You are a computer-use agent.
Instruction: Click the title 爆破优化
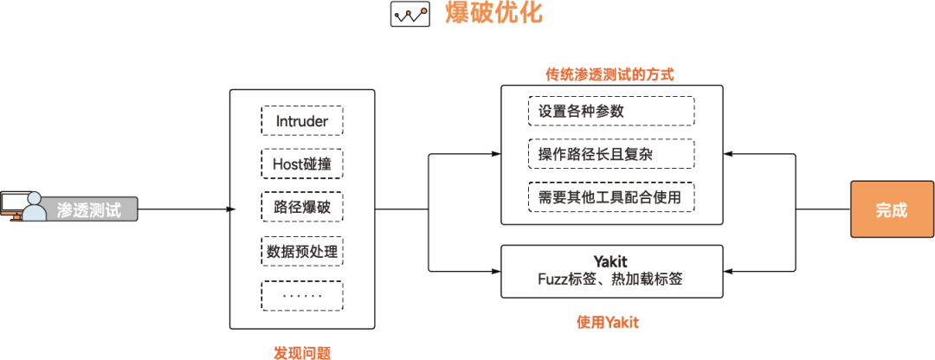(x=493, y=14)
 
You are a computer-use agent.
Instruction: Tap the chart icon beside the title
(x=409, y=15)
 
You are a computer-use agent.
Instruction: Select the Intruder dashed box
(x=302, y=121)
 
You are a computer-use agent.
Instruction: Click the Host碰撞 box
(x=302, y=164)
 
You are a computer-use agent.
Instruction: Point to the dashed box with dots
(x=302, y=296)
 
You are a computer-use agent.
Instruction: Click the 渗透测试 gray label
(x=89, y=209)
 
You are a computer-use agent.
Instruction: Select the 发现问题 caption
(x=302, y=352)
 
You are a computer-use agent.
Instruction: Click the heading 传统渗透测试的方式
(x=610, y=75)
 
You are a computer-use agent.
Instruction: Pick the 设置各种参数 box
(x=611, y=112)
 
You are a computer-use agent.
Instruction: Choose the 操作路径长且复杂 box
(x=611, y=154)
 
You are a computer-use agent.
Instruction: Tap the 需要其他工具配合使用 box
(x=611, y=196)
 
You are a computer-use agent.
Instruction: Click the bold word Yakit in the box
(x=611, y=261)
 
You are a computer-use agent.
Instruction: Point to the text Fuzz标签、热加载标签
(x=611, y=279)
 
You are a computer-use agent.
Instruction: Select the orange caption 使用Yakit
(x=608, y=323)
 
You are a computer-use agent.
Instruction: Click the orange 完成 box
(x=892, y=209)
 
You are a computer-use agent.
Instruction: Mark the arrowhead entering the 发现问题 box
(x=233, y=209)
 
